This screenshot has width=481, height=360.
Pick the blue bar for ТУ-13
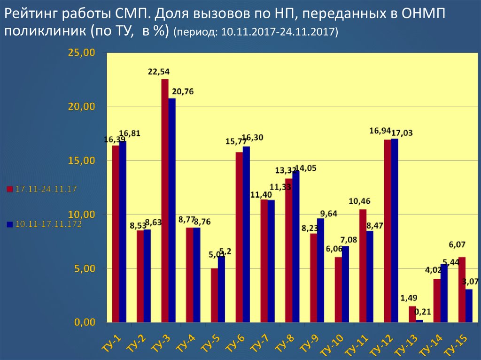pos(419,321)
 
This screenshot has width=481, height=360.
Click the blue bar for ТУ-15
pos(469,306)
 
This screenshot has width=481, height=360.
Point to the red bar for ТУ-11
pos(363,266)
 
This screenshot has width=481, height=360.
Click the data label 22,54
pos(159,72)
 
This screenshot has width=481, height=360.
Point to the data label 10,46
pos(359,201)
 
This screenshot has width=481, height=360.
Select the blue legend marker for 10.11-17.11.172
pos(9,225)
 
